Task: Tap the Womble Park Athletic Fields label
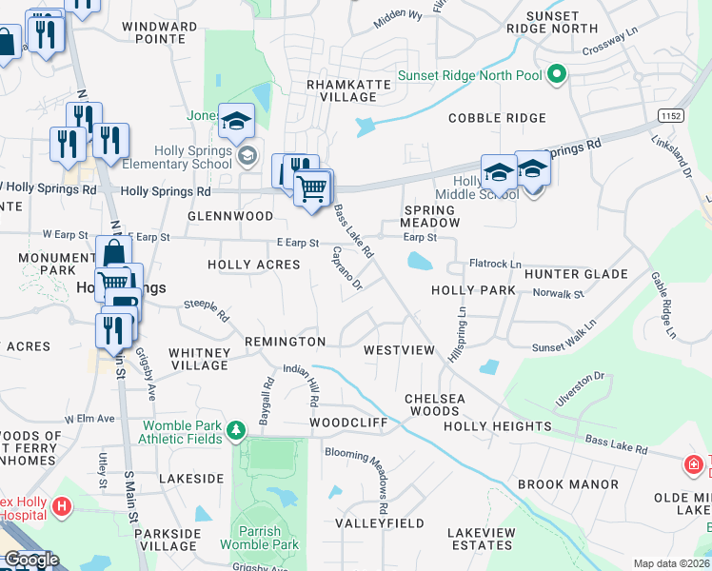click(183, 432)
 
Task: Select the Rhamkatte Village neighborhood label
click(342, 90)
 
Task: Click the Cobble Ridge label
click(497, 118)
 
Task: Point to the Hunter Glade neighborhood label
click(576, 274)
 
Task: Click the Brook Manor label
click(568, 484)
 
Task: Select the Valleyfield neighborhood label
click(380, 523)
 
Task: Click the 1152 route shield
click(671, 115)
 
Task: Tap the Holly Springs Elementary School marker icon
click(247, 156)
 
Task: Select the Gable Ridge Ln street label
click(663, 305)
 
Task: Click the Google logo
click(31, 560)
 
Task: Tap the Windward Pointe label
click(161, 32)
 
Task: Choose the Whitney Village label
click(199, 359)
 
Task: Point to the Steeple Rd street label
click(207, 309)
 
